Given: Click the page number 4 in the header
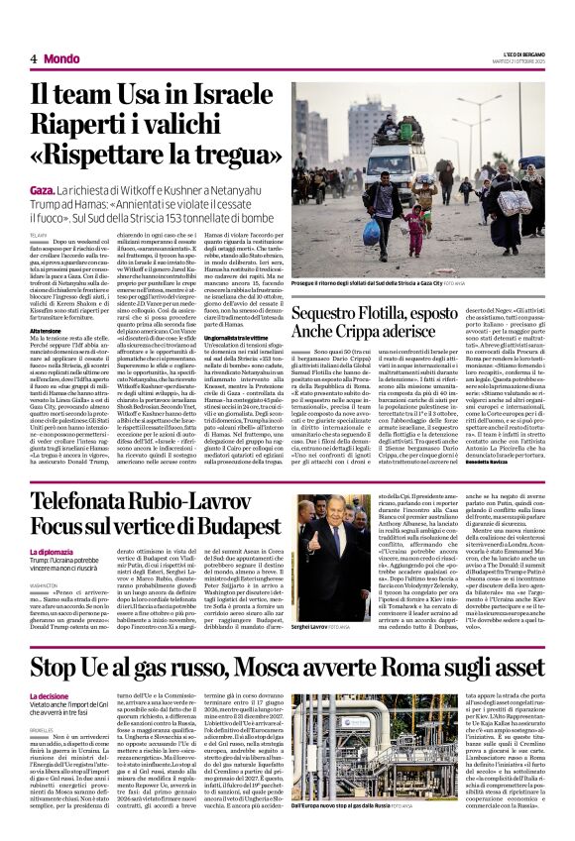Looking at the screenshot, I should tap(33, 58).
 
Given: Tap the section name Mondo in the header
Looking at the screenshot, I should tap(61, 58).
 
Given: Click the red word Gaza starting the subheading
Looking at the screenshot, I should tap(43, 188).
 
